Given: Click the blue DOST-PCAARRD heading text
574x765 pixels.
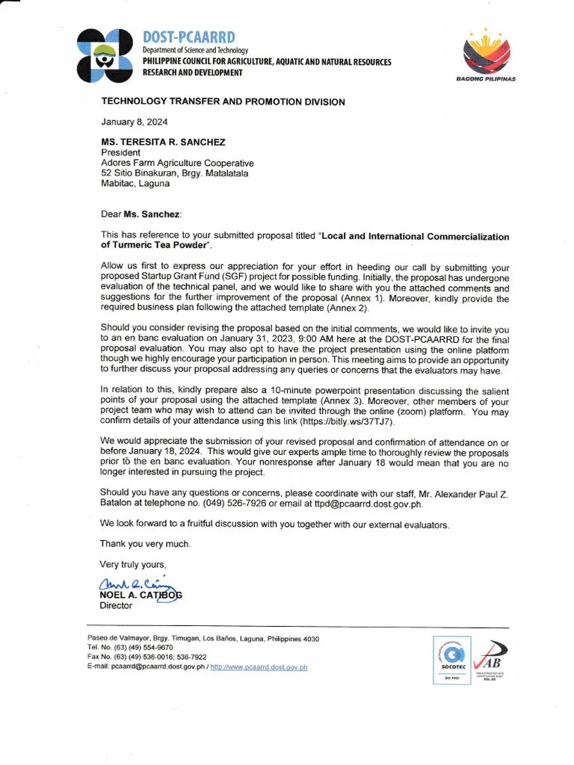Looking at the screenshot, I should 188,37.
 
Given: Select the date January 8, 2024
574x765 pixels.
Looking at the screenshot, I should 135,122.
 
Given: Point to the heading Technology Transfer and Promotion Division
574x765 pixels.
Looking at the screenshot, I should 223,102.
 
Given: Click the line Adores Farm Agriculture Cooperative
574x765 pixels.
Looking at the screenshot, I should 177,163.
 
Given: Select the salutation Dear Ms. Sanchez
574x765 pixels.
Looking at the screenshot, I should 141,214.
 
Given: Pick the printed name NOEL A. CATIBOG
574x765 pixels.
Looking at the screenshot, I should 141,595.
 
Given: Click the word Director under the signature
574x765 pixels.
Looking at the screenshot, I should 116,606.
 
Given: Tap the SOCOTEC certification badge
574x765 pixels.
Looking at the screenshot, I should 453,659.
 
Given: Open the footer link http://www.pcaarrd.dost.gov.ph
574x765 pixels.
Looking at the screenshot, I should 259,667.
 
